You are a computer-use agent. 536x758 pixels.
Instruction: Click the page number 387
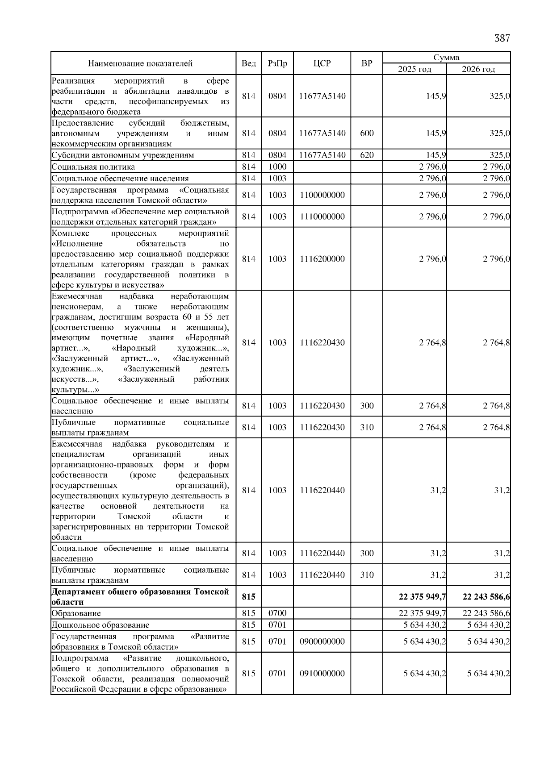pyautogui.click(x=502, y=38)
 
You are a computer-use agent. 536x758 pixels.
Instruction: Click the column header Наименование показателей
pyautogui.click(x=140, y=63)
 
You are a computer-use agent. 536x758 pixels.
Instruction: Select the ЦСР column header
pyautogui.click(x=322, y=63)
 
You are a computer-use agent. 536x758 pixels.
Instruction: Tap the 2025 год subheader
pyautogui.click(x=415, y=69)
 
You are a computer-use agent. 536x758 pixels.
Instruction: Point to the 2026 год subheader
pyautogui.click(x=478, y=69)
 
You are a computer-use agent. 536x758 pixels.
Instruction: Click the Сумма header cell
pyautogui.click(x=446, y=58)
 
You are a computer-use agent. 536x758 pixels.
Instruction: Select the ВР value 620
pyautogui.click(x=366, y=155)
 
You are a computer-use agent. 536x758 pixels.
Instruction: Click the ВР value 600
pyautogui.click(x=366, y=133)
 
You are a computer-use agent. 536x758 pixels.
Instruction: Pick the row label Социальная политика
pyautogui.click(x=93, y=167)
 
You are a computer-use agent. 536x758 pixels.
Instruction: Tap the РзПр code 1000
pyautogui.click(x=277, y=167)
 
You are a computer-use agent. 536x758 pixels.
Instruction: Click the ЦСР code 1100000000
pyautogui.click(x=322, y=195)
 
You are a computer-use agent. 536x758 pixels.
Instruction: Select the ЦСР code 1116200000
pyautogui.click(x=322, y=259)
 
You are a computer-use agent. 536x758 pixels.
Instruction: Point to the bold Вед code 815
pyautogui.click(x=248, y=597)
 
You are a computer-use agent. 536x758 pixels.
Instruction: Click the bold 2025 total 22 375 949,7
pyautogui.click(x=422, y=597)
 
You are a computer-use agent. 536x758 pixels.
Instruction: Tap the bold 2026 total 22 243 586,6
pyautogui.click(x=486, y=597)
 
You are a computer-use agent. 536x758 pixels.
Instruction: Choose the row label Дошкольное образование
pyautogui.click(x=100, y=625)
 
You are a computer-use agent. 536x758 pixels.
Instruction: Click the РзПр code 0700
pyautogui.click(x=277, y=613)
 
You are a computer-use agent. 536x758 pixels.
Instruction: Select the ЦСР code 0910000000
pyautogui.click(x=322, y=673)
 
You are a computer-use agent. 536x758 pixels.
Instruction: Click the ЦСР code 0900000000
pyautogui.click(x=322, y=641)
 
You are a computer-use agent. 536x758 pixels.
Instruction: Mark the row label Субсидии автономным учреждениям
pyautogui.click(x=123, y=155)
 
